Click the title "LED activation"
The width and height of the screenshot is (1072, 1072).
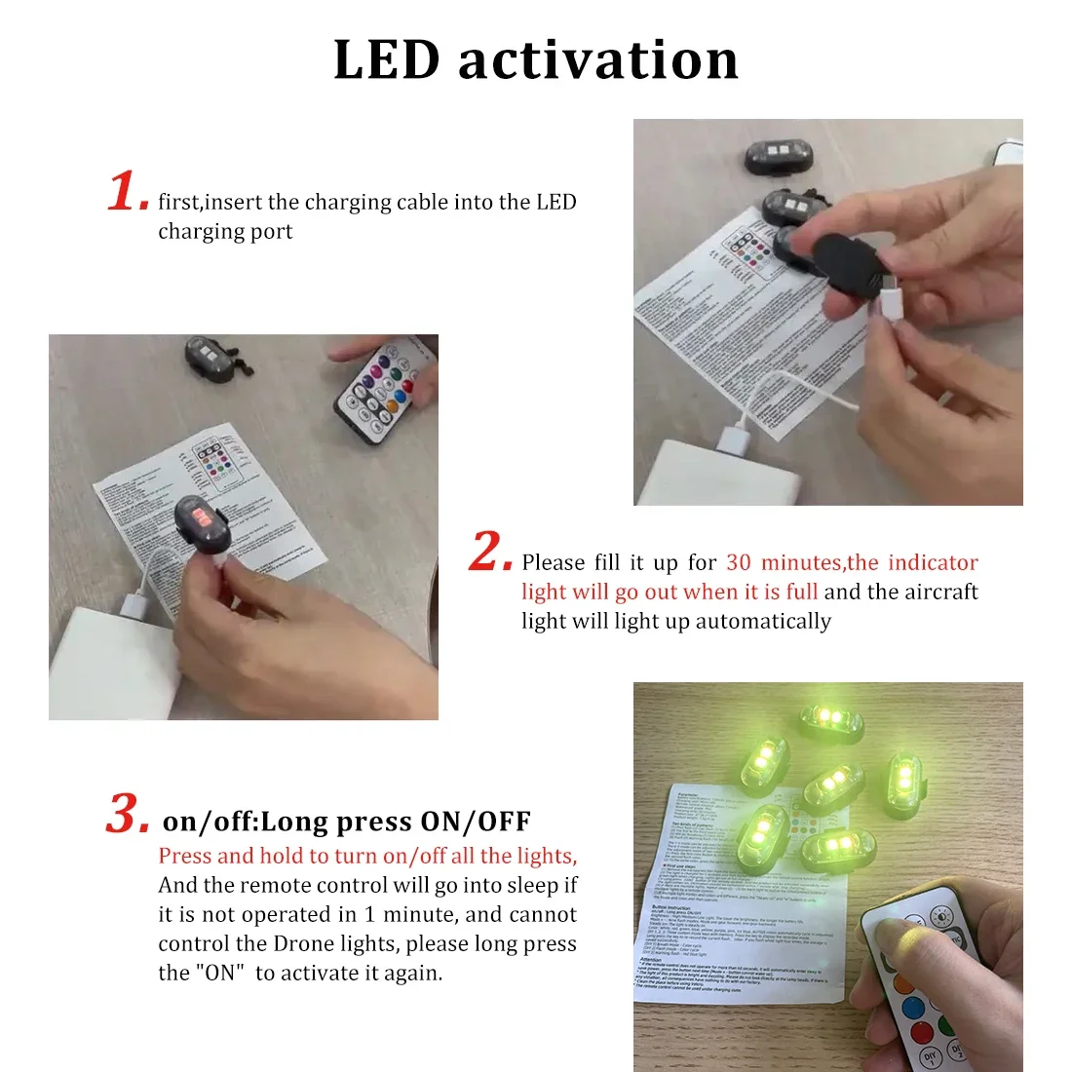pos(536,60)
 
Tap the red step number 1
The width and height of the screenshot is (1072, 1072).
pos(127,191)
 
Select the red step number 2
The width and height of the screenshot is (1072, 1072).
pos(489,552)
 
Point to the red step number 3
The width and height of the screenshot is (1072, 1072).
pos(127,814)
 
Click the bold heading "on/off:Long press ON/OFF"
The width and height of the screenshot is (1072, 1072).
pos(346,822)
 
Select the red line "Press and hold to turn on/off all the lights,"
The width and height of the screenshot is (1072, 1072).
pos(367,856)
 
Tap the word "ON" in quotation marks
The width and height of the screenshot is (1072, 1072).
pos(220,973)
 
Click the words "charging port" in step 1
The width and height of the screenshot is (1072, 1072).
pos(225,232)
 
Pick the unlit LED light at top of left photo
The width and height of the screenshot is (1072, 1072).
pos(208,358)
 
